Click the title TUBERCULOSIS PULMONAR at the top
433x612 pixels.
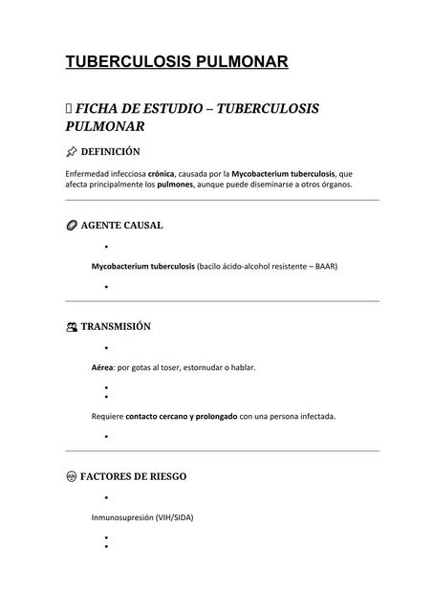pos(176,62)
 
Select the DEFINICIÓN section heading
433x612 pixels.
pos(110,152)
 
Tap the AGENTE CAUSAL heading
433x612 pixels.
pos(121,226)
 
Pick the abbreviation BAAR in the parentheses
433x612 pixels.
pos(324,266)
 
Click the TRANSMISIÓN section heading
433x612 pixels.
pos(116,326)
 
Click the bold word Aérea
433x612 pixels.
pos(102,367)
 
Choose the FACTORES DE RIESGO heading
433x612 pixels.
pos(134,476)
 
